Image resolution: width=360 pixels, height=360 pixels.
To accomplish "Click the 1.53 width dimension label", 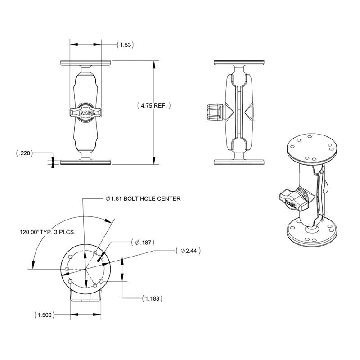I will click(x=126, y=45).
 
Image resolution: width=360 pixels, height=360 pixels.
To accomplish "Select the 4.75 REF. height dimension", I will click(x=154, y=106).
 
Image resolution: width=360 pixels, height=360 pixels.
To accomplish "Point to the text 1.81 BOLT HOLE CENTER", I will click(x=143, y=198).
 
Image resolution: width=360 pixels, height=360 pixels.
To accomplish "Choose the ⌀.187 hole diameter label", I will click(x=143, y=243).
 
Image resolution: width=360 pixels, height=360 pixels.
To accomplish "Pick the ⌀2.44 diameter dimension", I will click(x=189, y=250).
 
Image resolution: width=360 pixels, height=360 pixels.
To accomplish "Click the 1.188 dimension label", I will click(x=151, y=298).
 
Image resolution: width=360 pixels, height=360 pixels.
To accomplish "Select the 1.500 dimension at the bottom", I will click(x=44, y=315).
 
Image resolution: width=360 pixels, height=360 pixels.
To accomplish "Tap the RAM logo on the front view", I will click(x=85, y=113).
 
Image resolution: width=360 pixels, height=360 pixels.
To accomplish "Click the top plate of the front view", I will click(x=85, y=62).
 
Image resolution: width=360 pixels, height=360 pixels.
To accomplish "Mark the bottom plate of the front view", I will click(x=85, y=162).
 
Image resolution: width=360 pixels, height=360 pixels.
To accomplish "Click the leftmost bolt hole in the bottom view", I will click(x=67, y=269).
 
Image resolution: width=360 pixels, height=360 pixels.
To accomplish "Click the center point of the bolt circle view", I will click(x=85, y=269).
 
